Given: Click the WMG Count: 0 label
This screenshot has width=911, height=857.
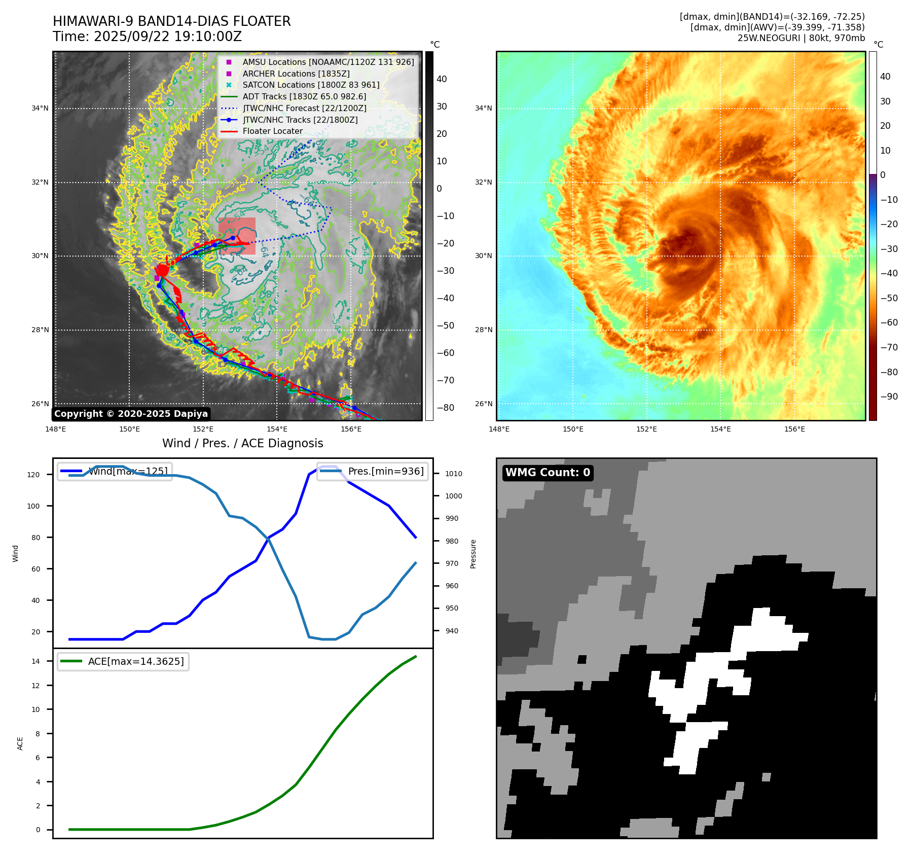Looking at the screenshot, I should pyautogui.click(x=548, y=473).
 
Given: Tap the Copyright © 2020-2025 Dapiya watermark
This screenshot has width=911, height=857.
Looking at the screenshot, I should pyautogui.click(x=131, y=414).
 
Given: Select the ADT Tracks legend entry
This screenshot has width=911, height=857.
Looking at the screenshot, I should pyautogui.click(x=304, y=96).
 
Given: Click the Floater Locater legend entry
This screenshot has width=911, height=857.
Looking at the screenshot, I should pyautogui.click(x=273, y=131).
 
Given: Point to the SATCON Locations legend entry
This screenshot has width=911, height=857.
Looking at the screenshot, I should pyautogui.click(x=311, y=85).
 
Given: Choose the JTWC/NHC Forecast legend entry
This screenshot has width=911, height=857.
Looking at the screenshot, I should pyautogui.click(x=304, y=108).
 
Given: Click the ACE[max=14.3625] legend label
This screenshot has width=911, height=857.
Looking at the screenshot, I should pyautogui.click(x=136, y=661).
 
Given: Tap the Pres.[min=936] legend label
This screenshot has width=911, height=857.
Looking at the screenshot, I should pyautogui.click(x=386, y=471).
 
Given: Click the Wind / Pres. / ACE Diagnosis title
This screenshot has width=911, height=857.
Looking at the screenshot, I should pyautogui.click(x=242, y=443).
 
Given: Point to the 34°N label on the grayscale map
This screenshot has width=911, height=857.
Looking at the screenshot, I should pyautogui.click(x=40, y=108).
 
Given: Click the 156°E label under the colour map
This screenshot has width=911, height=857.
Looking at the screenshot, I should pyautogui.click(x=794, y=429).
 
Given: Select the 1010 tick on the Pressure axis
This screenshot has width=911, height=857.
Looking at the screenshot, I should pyautogui.click(x=454, y=474).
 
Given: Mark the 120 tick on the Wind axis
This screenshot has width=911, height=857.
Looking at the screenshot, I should pyautogui.click(x=33, y=475).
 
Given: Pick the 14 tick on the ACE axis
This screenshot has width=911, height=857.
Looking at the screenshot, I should pyautogui.click(x=35, y=661).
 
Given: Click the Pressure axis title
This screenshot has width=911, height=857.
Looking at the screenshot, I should pyautogui.click(x=473, y=554).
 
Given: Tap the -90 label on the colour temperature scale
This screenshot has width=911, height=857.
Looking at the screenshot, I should pyautogui.click(x=889, y=397).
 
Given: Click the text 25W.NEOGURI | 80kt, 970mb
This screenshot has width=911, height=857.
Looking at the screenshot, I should pyautogui.click(x=801, y=38).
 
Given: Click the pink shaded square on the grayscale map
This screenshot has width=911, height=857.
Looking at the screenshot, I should pyautogui.click(x=237, y=236).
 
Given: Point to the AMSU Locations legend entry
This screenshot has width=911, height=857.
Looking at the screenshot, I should pyautogui.click(x=328, y=62).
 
